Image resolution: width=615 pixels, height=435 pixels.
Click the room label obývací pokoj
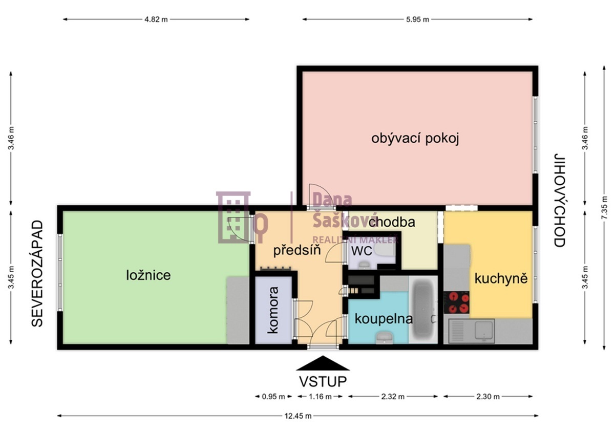pyautogui.click(x=415, y=139)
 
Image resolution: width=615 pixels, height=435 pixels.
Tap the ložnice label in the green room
pyautogui.click(x=149, y=275)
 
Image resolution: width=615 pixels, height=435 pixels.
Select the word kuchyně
pyautogui.click(x=501, y=279)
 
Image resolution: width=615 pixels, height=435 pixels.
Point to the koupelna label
pyautogui.click(x=384, y=319)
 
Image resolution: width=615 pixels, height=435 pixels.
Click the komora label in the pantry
pyautogui.click(x=273, y=310)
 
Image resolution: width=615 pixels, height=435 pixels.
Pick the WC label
pyautogui.click(x=362, y=251)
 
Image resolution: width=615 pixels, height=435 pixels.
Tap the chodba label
pyautogui.click(x=392, y=222)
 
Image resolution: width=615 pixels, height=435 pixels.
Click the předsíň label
pyautogui.click(x=297, y=250)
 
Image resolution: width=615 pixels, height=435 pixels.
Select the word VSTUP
pyautogui.click(x=323, y=382)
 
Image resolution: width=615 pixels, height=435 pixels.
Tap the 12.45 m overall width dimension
pyautogui.click(x=298, y=417)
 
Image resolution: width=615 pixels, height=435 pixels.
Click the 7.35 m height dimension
pyautogui.click(x=604, y=207)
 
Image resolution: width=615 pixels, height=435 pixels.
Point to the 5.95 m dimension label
pyautogui.click(x=417, y=19)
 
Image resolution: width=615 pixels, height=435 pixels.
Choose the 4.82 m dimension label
pyautogui.click(x=156, y=19)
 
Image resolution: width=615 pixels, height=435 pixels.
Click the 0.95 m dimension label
pyautogui.click(x=273, y=397)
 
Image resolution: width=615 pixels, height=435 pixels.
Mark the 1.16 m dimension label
pyautogui.click(x=320, y=397)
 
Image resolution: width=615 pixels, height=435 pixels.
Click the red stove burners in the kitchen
pyautogui.click(x=456, y=302)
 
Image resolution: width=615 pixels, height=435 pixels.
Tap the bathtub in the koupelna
pyautogui.click(x=423, y=310)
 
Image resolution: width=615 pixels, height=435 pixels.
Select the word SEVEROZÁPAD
pyautogui.click(x=37, y=274)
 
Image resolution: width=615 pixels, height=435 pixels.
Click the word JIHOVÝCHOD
pyautogui.click(x=559, y=200)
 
